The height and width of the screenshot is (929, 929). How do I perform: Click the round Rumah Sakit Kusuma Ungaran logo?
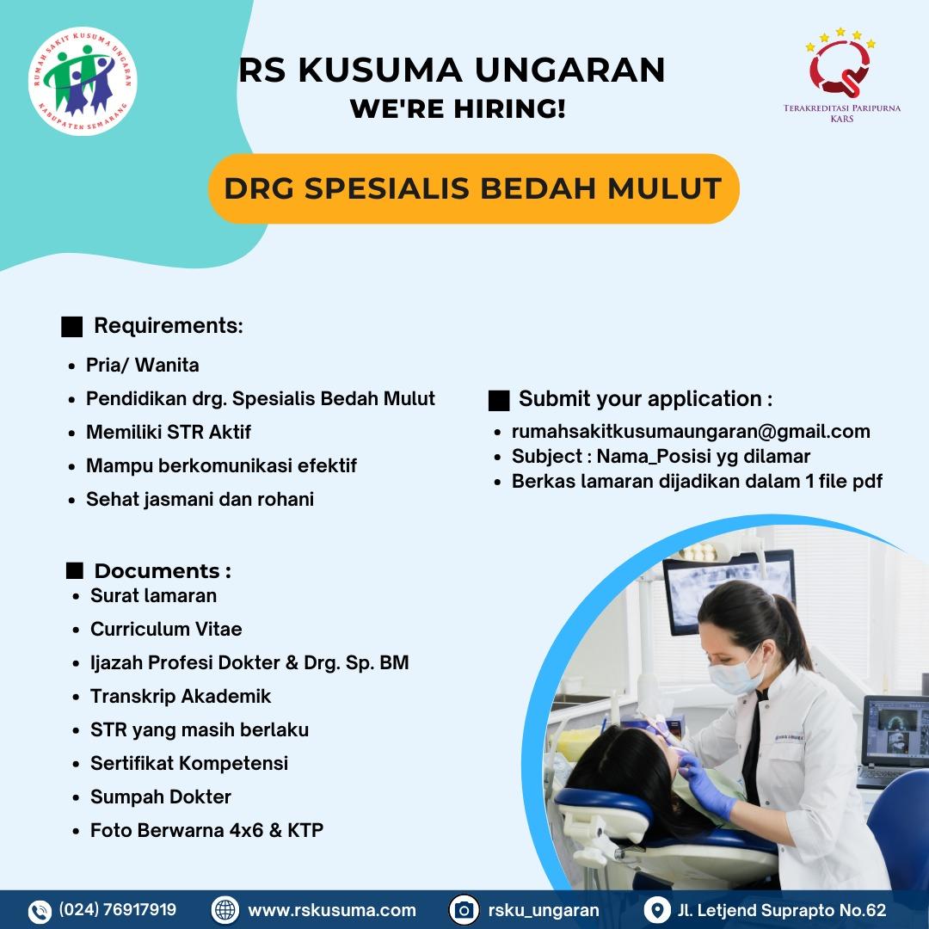[x=83, y=81]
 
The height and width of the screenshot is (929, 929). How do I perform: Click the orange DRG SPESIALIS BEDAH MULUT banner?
[x=473, y=188]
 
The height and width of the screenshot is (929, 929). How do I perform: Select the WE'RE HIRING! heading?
[x=458, y=109]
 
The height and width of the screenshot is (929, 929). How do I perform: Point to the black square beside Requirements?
[x=71, y=327]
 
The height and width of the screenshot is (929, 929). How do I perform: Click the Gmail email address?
[x=691, y=431]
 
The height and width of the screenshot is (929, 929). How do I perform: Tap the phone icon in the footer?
[x=40, y=911]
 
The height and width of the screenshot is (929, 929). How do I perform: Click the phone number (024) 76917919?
[x=117, y=909]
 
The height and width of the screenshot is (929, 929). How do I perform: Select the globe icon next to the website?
[x=225, y=910]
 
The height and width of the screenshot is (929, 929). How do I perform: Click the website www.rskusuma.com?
[x=332, y=910]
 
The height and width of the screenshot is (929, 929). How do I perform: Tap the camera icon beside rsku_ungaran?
[x=464, y=910]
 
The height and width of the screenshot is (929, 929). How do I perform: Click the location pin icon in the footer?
[x=656, y=910]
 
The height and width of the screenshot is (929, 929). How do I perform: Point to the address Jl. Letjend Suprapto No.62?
[x=782, y=910]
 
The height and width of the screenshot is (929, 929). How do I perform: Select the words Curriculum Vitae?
[x=166, y=629]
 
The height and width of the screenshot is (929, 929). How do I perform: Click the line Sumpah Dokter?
[x=161, y=797]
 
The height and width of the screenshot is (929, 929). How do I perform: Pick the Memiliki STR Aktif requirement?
[x=169, y=432]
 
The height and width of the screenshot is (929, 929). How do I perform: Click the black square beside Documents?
[x=75, y=570]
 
